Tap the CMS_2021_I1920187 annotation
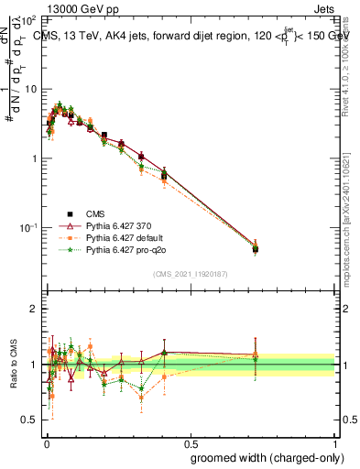tap(190, 274)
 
